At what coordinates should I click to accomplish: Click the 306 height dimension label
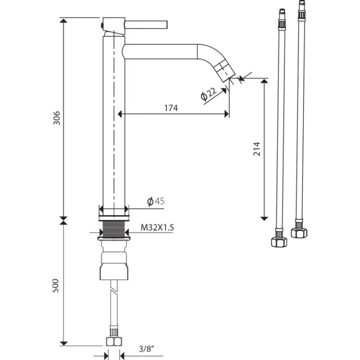coord(56,118)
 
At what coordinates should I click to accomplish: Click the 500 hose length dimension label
coord(56,286)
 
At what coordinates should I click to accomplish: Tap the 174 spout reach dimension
coord(171,108)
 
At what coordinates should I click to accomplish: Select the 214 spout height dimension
coord(257,149)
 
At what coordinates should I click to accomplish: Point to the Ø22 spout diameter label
coord(209,94)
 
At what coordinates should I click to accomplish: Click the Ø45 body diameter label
coord(156,201)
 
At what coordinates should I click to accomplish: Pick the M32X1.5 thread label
coord(157,227)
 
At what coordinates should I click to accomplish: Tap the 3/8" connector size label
coord(146,349)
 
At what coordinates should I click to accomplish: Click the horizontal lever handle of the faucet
coord(146,25)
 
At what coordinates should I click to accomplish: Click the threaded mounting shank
coord(114,229)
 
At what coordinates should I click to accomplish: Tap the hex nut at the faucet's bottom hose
coord(114,342)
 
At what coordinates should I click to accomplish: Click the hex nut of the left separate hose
coord(279,242)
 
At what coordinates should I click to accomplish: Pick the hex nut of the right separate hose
coord(299,233)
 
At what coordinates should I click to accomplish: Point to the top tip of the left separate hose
coord(282,10)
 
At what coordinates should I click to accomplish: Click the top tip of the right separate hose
coord(302,1)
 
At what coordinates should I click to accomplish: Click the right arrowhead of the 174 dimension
coord(227,114)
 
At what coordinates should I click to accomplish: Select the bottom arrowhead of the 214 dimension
coord(264,218)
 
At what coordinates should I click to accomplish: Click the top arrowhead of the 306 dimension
coord(63,21)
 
